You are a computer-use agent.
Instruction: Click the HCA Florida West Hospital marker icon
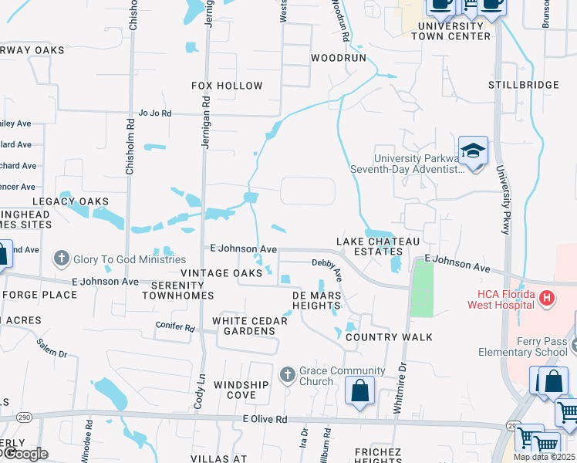tap(547, 297)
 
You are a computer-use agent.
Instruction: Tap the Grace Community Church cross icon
tap(288, 375)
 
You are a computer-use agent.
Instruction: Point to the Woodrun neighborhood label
tap(337, 58)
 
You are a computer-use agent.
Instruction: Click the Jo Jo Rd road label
tap(154, 113)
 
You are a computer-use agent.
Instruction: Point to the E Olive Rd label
tap(264, 419)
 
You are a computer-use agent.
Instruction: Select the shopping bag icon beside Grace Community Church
tap(359, 391)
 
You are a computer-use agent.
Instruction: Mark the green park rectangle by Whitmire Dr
tap(421, 289)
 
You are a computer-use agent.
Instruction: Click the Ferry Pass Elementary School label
tap(532, 346)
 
